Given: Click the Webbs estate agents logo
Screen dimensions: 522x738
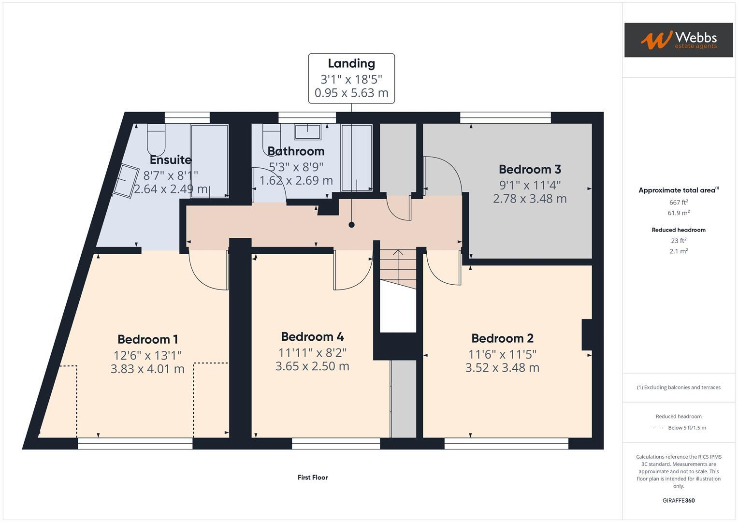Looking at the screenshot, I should click(x=678, y=40).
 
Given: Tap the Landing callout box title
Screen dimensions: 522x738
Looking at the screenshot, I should click(x=351, y=63).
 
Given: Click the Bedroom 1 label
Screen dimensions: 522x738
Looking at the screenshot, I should click(x=147, y=339).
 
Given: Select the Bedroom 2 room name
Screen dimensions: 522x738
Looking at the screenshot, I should click(x=502, y=338).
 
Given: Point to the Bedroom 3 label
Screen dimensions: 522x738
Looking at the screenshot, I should click(x=530, y=169).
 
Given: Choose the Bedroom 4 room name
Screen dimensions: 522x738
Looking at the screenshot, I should click(x=312, y=336).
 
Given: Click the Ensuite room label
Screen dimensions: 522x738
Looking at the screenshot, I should click(x=171, y=159).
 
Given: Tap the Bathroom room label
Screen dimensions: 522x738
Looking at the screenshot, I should click(x=296, y=151).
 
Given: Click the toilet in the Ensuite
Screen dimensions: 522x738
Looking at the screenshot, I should click(x=156, y=138).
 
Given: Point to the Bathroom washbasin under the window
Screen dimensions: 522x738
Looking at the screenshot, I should click(x=307, y=131).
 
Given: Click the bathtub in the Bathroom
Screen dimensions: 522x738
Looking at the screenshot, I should click(x=357, y=158).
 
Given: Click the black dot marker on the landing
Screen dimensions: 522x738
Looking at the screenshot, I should click(x=351, y=225).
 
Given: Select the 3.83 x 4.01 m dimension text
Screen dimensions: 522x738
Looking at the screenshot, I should click(x=147, y=369).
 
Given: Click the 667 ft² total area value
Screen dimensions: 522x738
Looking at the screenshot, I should click(x=678, y=203).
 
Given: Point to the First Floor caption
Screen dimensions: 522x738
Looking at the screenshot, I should click(x=313, y=478).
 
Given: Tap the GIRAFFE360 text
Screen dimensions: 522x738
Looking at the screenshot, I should click(x=678, y=501).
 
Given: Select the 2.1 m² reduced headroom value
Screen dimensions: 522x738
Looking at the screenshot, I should click(x=678, y=251).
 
